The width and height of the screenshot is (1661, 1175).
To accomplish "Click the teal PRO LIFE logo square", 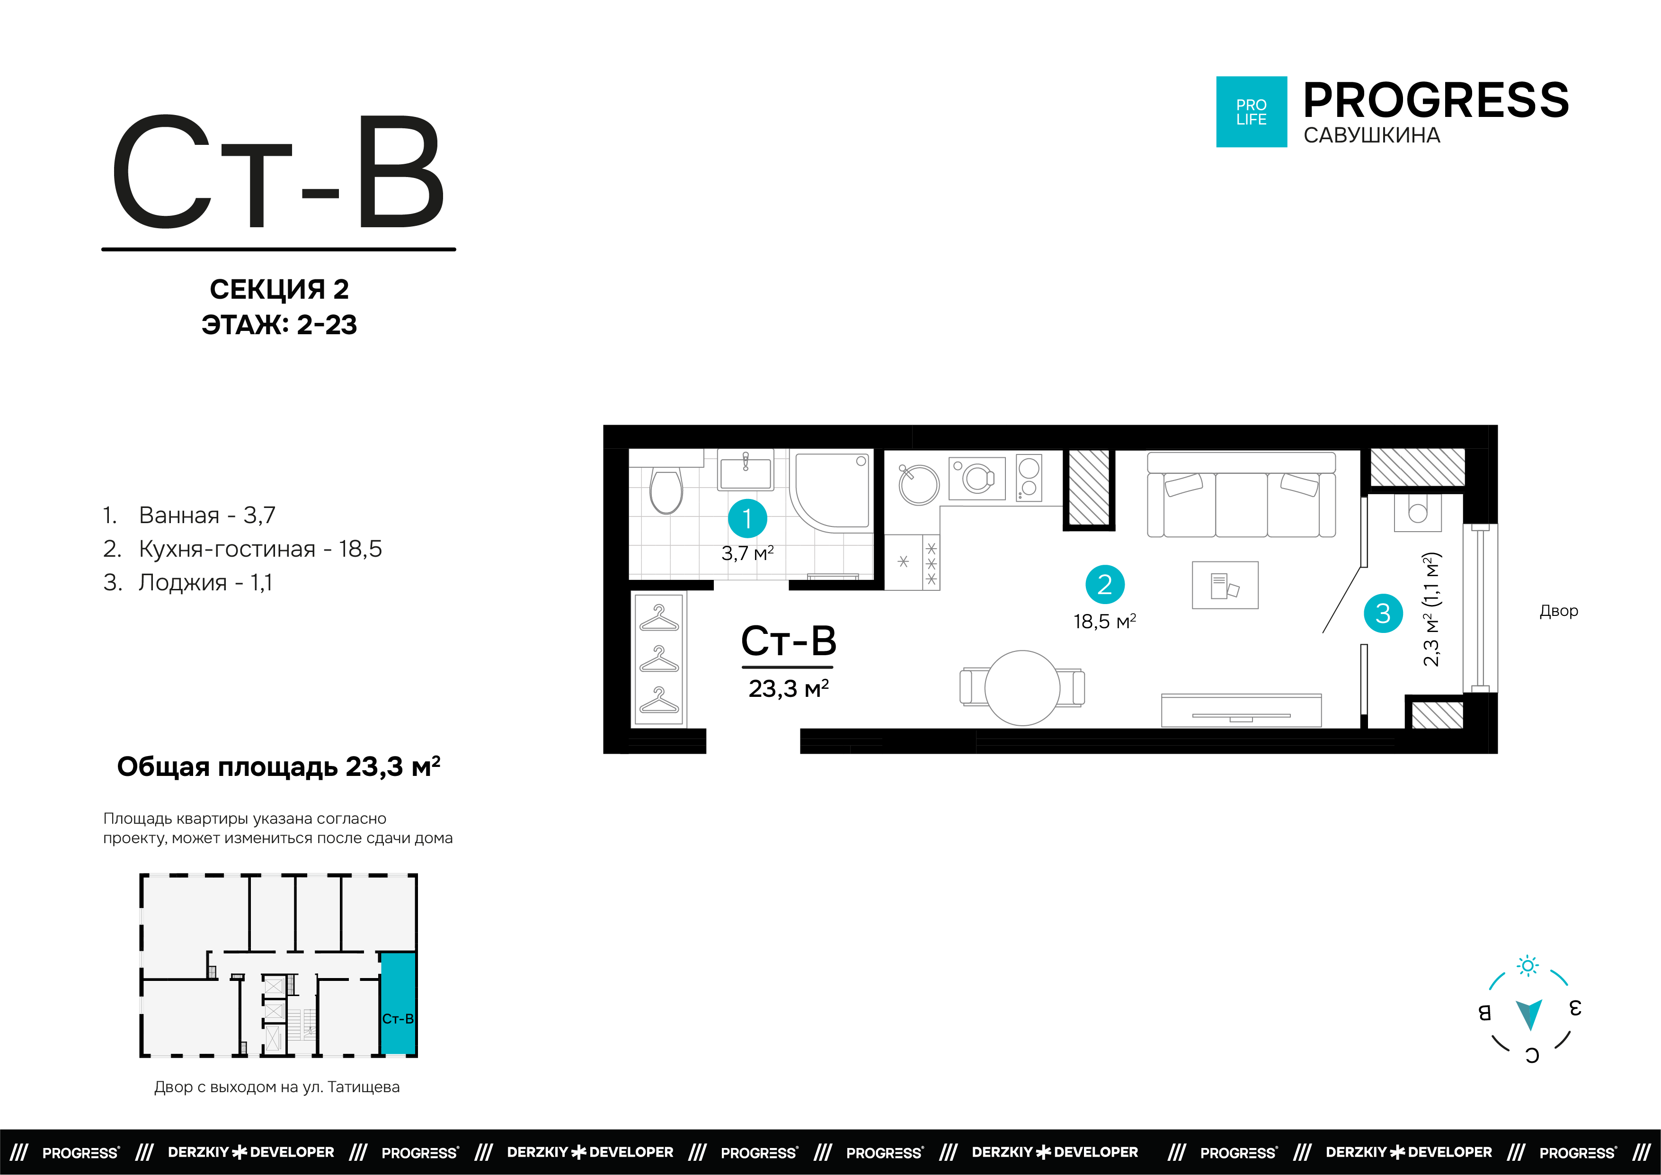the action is pos(1252,112).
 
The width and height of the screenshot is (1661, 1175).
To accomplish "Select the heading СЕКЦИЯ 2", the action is pos(279,289).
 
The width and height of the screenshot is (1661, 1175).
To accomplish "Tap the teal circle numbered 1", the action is pos(747,518).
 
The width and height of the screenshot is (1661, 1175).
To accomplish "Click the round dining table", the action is pos(1022,687).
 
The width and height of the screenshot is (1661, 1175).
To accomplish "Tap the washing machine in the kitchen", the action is pos(977,478).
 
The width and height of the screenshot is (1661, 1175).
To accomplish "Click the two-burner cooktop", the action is pos(1029,478).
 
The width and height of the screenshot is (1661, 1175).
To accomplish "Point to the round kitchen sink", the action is pos(919,484).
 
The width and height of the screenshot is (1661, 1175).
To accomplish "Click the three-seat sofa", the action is pos(1242,495).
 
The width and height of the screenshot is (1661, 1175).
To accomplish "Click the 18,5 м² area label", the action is pos(1105,622).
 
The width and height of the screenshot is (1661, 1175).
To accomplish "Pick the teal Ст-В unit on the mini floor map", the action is pos(398,1004).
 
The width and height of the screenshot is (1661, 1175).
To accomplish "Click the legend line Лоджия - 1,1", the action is pos(188,582).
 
